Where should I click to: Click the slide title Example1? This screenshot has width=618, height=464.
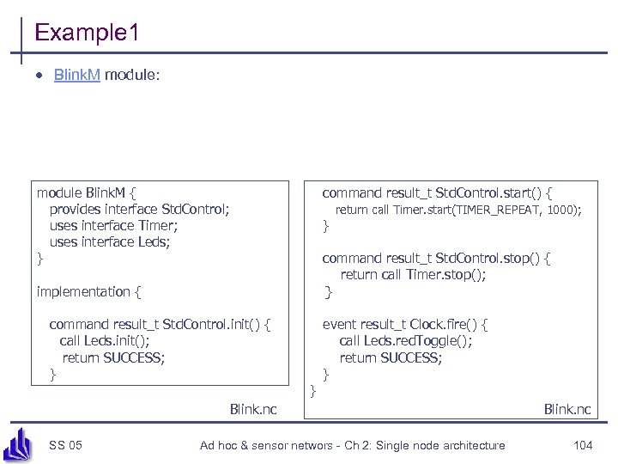tap(86, 34)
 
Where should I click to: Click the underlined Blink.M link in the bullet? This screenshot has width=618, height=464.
tap(77, 76)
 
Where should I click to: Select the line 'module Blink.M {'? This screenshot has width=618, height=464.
tap(86, 192)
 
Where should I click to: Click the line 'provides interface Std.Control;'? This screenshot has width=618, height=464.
tap(139, 209)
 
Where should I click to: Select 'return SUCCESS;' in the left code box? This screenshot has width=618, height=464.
tap(113, 357)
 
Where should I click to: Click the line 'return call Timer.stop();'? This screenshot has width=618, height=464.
tap(413, 275)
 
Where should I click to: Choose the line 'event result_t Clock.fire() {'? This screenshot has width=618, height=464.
tap(405, 325)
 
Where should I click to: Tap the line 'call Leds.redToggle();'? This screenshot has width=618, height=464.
tap(406, 341)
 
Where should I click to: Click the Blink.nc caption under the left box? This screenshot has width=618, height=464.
tap(253, 409)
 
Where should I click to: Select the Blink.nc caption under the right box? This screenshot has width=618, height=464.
tap(567, 409)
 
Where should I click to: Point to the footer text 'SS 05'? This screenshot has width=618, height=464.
tap(66, 444)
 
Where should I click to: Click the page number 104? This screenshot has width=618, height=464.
tap(583, 444)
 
